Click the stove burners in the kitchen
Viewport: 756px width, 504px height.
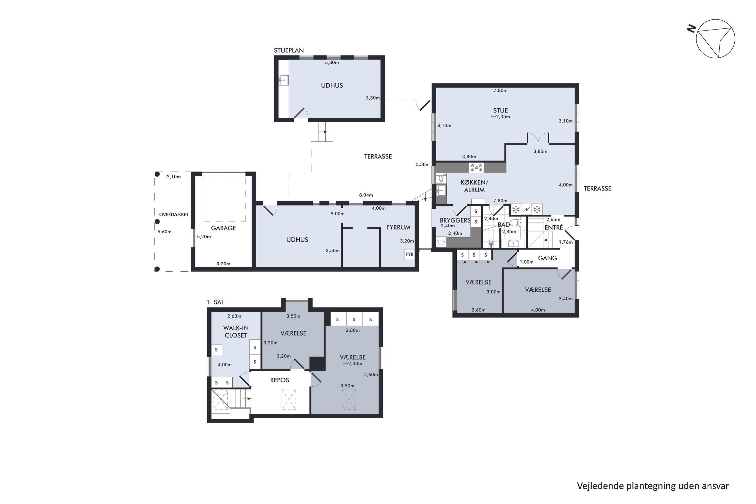(x=476, y=168)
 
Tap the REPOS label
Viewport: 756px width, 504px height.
(x=280, y=380)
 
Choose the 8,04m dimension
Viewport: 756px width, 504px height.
(x=366, y=195)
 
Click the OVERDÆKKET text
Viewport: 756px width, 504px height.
(x=174, y=215)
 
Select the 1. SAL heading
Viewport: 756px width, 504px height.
(x=215, y=302)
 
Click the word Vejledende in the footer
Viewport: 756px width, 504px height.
(x=600, y=486)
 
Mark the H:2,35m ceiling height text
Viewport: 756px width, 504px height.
(x=500, y=117)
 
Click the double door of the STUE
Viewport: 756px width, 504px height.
(x=538, y=137)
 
